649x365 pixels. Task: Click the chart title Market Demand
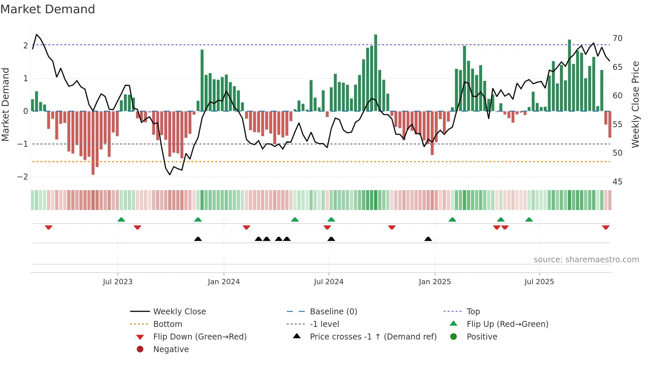[48, 9]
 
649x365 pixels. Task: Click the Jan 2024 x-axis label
[224, 282]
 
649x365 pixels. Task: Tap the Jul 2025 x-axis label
[539, 282]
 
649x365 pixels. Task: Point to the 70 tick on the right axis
[618, 38]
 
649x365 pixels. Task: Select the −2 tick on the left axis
[23, 177]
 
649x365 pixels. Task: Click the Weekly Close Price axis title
[635, 104]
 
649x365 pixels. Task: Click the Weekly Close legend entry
[179, 312]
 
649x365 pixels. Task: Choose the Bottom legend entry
[168, 324]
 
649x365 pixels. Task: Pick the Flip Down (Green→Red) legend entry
[200, 337]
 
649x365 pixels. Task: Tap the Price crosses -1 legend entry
[373, 337]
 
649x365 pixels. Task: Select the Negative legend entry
[171, 349]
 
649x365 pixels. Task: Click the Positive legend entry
[482, 337]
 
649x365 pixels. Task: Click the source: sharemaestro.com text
[586, 260]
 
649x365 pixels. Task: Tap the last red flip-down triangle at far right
[606, 227]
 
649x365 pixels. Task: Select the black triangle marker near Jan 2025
[428, 239]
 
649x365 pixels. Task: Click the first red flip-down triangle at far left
[49, 227]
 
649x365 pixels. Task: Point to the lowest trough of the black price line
[170, 174]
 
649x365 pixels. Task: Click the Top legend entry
[473, 312]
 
